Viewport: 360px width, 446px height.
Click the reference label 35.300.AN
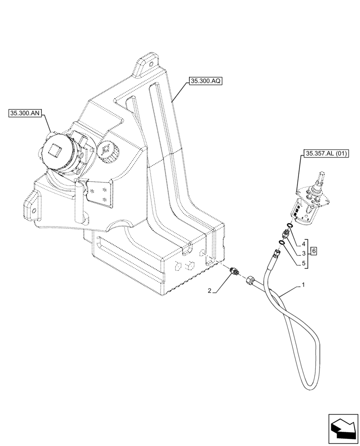pyautogui.click(x=25, y=114)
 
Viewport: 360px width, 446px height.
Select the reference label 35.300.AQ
pyautogui.click(x=205, y=81)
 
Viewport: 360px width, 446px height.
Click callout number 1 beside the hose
pyautogui.click(x=303, y=285)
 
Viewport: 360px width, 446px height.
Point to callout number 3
pyautogui.click(x=303, y=253)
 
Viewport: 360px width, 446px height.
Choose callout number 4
pyautogui.click(x=303, y=244)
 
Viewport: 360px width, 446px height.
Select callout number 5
pyautogui.click(x=303, y=263)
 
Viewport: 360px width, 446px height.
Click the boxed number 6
pyautogui.click(x=314, y=252)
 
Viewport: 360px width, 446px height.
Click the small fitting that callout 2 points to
pyautogui.click(x=234, y=270)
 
